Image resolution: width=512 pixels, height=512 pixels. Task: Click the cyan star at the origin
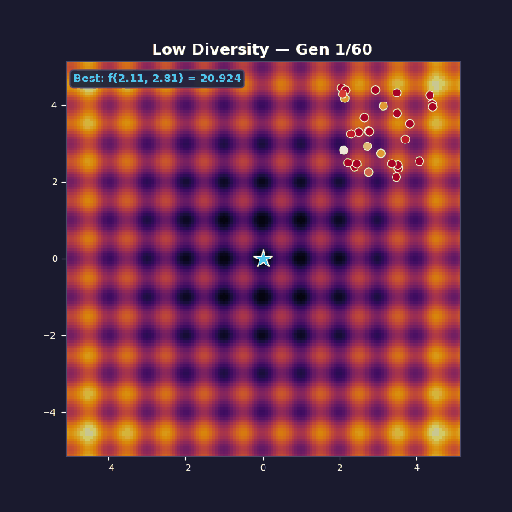point(263,259)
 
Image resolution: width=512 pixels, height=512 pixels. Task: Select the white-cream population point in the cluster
point(344,150)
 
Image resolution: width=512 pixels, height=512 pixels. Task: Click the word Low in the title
point(169,50)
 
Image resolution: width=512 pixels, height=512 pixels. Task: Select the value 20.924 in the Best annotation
point(219,79)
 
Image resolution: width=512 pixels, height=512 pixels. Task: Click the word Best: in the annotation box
point(89,79)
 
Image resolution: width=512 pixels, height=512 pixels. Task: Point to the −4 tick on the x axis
point(108,468)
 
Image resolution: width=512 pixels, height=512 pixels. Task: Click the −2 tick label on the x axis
point(185,468)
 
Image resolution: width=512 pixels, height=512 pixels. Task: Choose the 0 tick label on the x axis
point(263,468)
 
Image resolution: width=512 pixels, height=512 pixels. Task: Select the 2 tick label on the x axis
point(340,468)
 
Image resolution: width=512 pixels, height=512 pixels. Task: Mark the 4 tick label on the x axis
point(416,468)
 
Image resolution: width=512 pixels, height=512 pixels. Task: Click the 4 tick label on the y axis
point(54,105)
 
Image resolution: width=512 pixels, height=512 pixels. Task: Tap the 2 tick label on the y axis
point(54,182)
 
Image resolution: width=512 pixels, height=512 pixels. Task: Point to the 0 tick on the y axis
point(54,259)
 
